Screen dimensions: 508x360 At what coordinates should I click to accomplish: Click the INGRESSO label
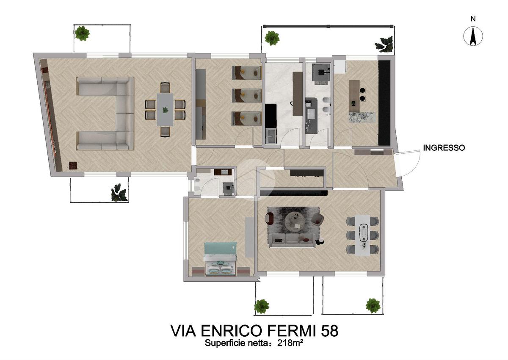444,148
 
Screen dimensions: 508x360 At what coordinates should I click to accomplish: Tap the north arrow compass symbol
473,36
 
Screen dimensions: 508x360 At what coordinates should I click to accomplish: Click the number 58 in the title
329,330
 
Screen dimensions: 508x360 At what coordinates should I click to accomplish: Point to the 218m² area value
290,343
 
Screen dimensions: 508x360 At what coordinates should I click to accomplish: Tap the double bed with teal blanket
221,259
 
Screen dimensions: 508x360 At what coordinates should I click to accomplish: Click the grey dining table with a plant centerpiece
165,110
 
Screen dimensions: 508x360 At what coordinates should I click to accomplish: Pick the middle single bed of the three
247,95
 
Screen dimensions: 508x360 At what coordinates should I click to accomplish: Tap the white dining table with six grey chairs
362,235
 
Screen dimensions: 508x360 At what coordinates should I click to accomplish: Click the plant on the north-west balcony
82,33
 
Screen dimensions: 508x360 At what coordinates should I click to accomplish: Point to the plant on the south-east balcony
373,306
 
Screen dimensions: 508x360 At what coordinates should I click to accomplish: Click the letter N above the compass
473,19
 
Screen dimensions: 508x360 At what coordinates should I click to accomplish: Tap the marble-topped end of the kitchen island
362,117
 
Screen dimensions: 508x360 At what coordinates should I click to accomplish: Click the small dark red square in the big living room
73,165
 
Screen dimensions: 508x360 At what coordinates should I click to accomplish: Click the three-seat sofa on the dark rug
292,240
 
